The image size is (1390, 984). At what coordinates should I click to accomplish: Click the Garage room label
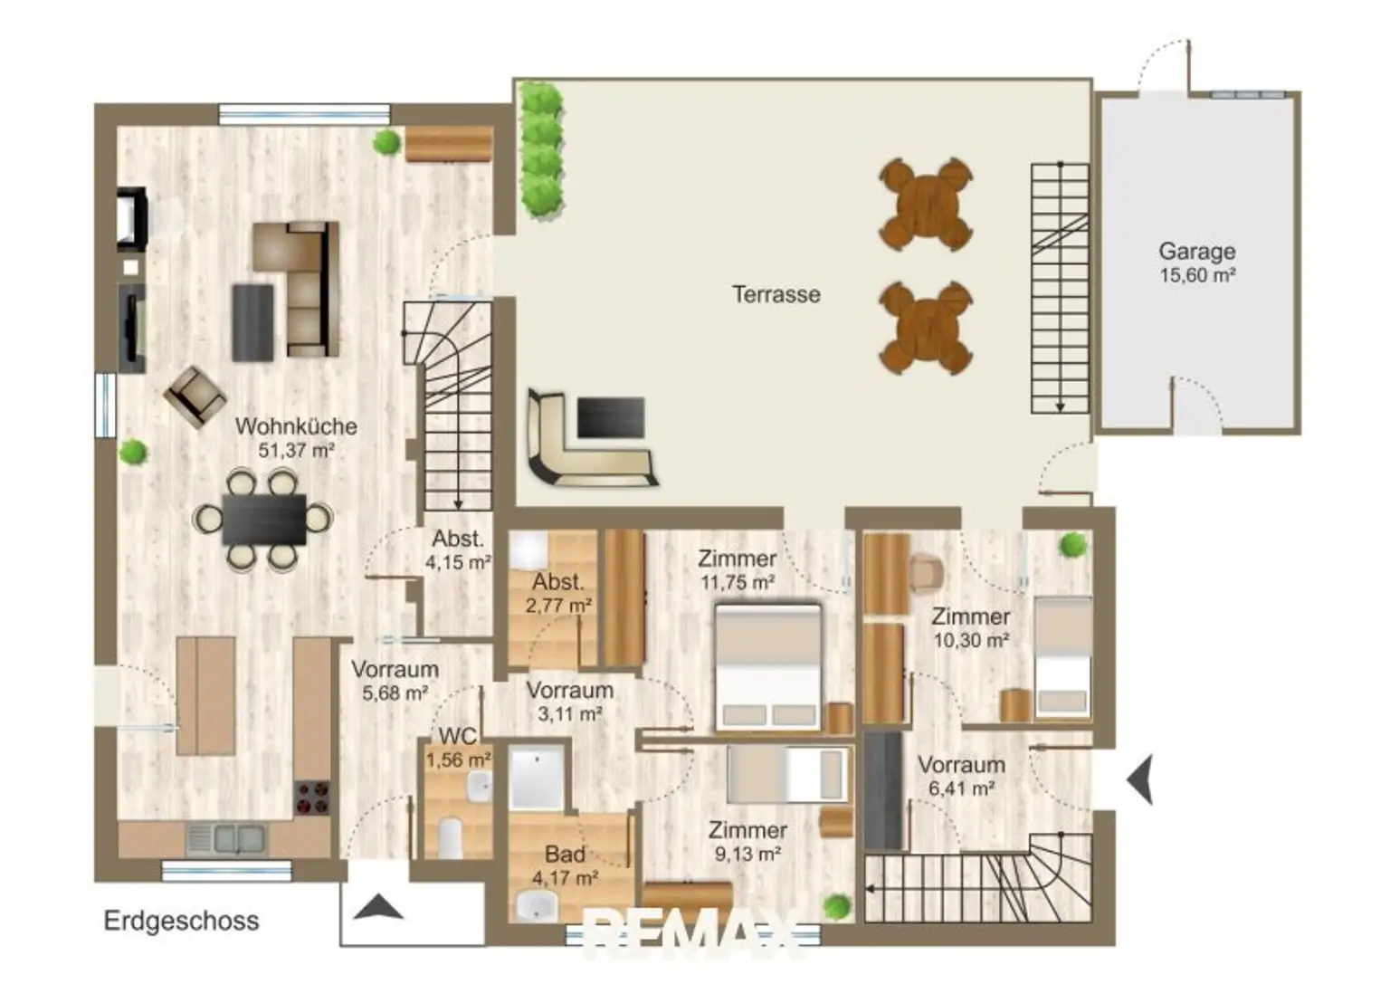point(1196,252)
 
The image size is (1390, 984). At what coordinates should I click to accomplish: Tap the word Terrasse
point(776,294)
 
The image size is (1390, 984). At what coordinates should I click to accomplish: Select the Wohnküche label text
point(296,426)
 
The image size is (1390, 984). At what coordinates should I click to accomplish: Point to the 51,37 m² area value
point(296,450)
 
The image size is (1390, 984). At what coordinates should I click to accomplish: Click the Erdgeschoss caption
point(181,921)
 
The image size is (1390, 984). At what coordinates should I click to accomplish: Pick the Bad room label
point(565,855)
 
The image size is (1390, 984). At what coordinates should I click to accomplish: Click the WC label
point(458,736)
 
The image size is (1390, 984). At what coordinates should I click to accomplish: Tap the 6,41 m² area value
point(961,788)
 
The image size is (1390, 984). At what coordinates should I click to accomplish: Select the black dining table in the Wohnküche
point(264,520)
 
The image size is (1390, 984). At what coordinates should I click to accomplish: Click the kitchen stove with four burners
point(312,798)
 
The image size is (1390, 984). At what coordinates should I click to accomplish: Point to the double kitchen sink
point(227,839)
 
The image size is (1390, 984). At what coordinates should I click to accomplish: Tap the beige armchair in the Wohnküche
point(195,397)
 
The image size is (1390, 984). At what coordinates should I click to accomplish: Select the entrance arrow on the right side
point(1140,779)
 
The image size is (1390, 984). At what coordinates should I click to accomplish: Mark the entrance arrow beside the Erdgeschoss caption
point(378,907)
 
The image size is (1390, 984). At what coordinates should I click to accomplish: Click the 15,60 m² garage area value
point(1197,275)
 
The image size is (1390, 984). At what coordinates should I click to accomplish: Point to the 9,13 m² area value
point(747,855)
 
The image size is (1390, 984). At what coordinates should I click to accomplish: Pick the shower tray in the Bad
point(536,778)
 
